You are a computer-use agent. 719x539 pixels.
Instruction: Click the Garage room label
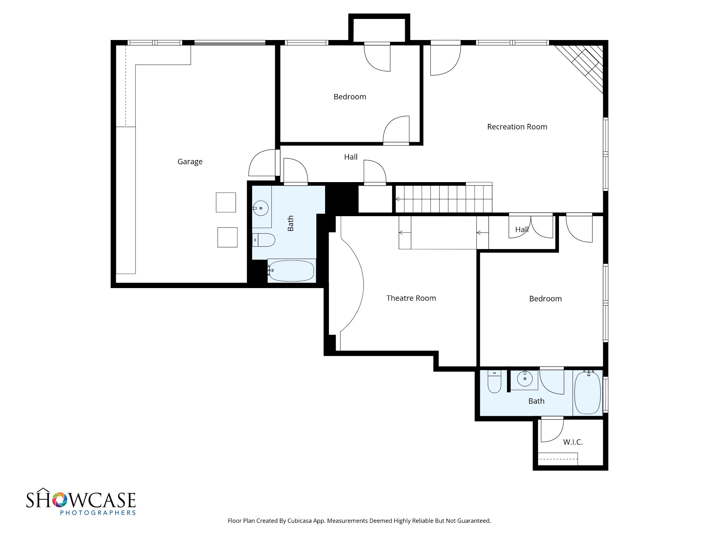pos(190,162)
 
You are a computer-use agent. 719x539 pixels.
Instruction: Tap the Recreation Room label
pos(517,127)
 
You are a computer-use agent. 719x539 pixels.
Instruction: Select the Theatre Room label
pos(411,298)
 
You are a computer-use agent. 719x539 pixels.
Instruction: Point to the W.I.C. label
pos(573,442)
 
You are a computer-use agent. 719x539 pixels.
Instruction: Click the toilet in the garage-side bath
pos(263,240)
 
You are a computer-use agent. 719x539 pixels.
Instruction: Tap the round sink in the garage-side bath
pos(260,208)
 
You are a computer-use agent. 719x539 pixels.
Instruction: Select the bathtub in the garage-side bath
pos(291,271)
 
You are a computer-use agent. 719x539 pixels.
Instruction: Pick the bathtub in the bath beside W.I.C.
pos(588,392)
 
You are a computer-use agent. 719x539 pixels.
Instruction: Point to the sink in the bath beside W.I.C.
pos(525,379)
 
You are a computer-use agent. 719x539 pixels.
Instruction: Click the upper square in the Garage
pos(226,202)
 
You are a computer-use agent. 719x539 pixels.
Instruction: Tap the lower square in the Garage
pos(227,237)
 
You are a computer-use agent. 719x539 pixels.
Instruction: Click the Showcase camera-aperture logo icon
pos(60,500)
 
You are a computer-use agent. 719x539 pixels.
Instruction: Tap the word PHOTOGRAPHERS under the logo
pos(98,513)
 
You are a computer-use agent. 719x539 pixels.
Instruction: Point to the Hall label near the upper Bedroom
pos(351,157)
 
